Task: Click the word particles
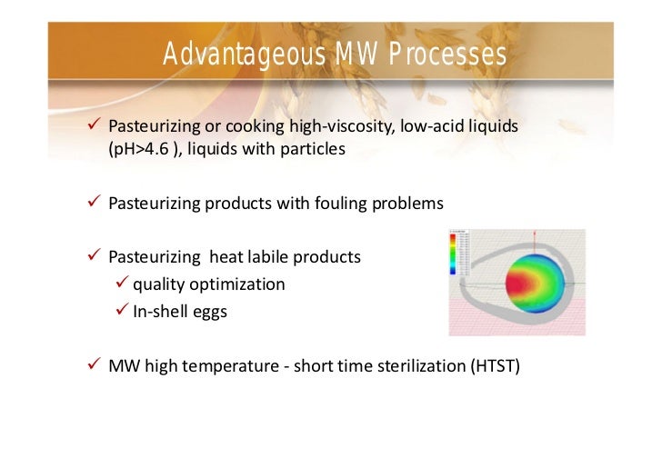point(314,149)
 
